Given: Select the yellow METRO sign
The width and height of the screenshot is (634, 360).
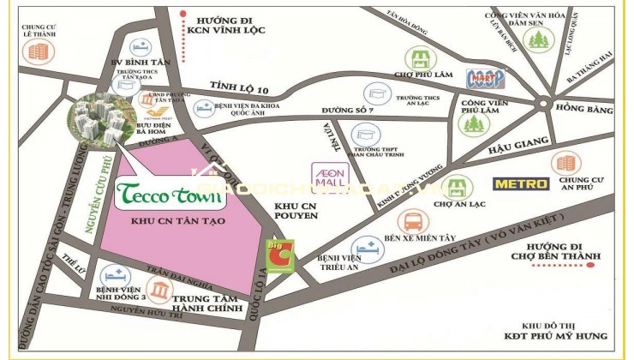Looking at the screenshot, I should (520, 183).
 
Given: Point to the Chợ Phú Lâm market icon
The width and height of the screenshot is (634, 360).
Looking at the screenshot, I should (420, 59).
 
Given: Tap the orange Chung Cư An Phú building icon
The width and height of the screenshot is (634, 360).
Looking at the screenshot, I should (564, 162).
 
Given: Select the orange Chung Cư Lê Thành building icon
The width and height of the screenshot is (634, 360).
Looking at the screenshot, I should (38, 51).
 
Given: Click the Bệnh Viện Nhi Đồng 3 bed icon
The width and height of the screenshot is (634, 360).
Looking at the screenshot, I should (114, 276).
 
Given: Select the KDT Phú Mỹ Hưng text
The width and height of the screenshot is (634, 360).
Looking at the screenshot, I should (567, 335).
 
